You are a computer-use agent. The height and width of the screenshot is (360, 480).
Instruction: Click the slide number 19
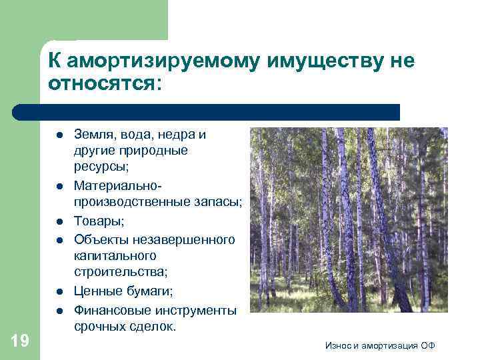coord(20,341)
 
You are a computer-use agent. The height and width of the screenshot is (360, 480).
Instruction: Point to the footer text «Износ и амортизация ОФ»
coord(381,345)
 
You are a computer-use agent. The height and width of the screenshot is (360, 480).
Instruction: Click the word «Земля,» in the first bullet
coord(95,135)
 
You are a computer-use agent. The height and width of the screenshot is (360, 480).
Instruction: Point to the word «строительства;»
coord(120,272)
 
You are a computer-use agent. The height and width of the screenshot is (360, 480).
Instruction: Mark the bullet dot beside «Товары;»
coord(59,221)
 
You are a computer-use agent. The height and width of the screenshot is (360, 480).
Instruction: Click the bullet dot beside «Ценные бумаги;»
coord(59,291)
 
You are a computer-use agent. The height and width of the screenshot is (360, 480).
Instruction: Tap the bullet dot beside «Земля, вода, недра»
coord(59,135)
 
